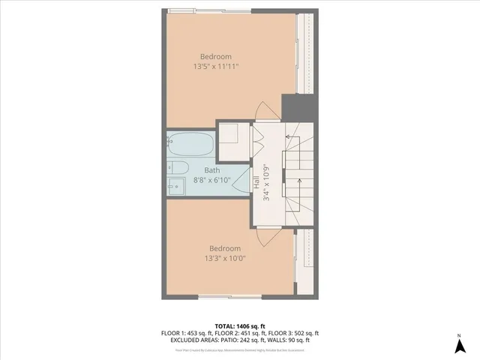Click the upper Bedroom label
215,56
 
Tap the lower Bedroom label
224,249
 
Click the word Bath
202,170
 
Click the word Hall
256,183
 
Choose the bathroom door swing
241,181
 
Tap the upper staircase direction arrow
289,136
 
